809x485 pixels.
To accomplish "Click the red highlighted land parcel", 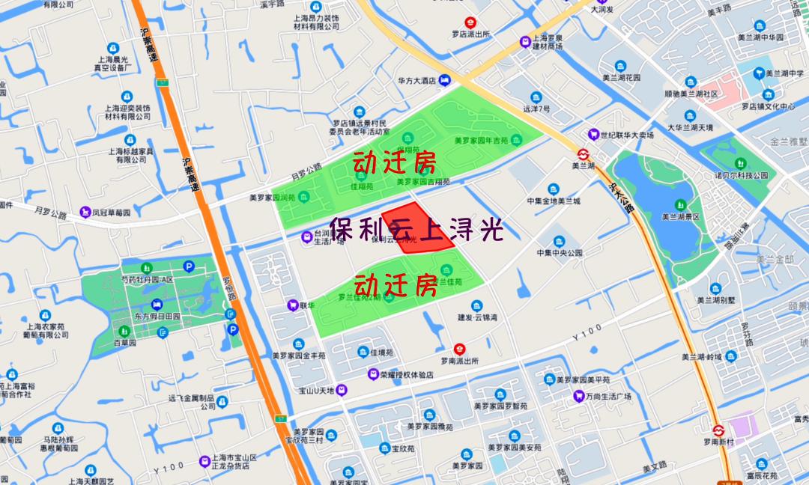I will [419, 228].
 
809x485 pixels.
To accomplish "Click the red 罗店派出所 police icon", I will [470, 22].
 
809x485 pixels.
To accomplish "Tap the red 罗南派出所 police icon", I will [461, 349].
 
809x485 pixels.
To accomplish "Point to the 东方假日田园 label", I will [157, 316].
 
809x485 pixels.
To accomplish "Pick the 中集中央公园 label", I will [559, 253].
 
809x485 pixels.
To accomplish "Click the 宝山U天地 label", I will [315, 390].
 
